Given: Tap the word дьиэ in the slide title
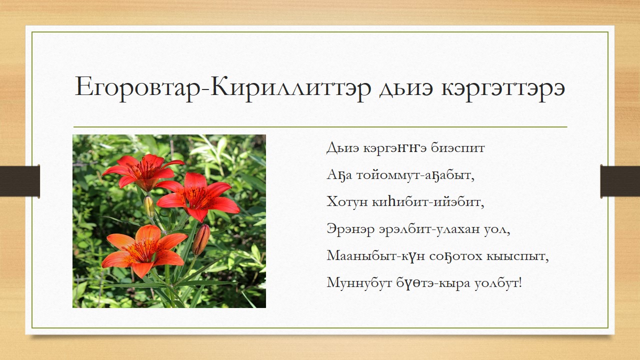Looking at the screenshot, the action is tap(406, 88).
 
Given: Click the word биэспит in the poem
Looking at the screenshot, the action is tap(457, 148).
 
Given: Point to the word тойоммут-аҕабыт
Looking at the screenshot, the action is tap(415, 175).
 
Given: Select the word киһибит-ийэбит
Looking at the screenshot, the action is tap(428, 202).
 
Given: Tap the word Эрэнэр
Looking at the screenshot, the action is tap(350, 229).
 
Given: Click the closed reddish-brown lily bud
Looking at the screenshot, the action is tap(201, 239).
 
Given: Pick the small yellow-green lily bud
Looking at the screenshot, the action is tap(149, 206).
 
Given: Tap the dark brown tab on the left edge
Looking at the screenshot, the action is tap(19, 181).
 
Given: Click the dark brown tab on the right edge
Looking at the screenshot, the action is tap(620, 181).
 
